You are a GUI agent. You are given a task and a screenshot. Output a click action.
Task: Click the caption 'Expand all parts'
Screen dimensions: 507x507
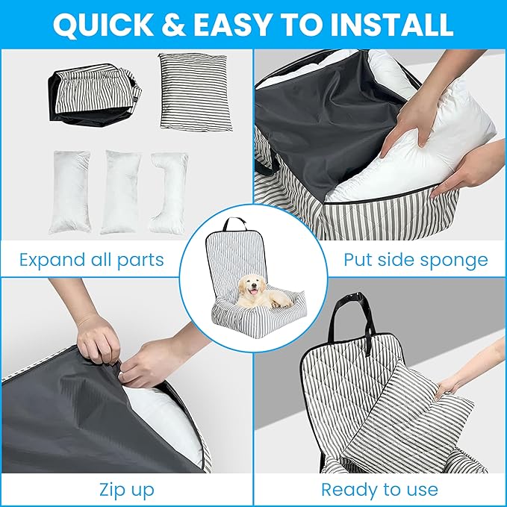click(92, 261)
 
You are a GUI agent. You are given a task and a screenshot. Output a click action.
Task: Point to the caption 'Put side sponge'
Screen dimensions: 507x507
click(415, 261)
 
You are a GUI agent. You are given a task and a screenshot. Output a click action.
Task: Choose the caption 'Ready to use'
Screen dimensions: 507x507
click(379, 490)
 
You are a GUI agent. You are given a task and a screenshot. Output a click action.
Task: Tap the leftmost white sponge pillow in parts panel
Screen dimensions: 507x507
click(71, 190)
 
